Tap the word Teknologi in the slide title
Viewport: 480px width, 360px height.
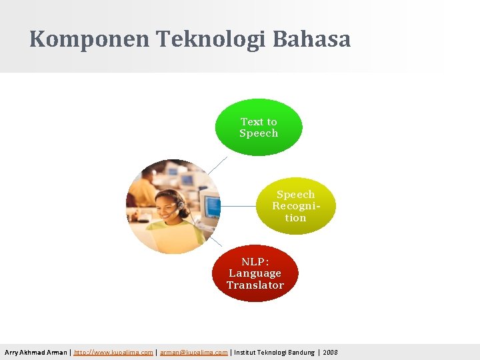coord(211,39)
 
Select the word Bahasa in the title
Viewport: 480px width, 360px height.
coord(311,39)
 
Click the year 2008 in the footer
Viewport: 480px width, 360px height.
coord(330,352)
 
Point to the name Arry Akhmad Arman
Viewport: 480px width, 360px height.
coord(36,352)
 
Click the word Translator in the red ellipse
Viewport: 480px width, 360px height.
coord(255,285)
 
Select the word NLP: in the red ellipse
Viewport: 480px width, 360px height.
coord(255,261)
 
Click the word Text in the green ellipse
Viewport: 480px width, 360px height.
coord(251,122)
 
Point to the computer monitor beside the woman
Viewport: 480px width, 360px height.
coord(210,205)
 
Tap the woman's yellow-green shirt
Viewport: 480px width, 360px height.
coord(175,236)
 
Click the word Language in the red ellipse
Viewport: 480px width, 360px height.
coord(255,273)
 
